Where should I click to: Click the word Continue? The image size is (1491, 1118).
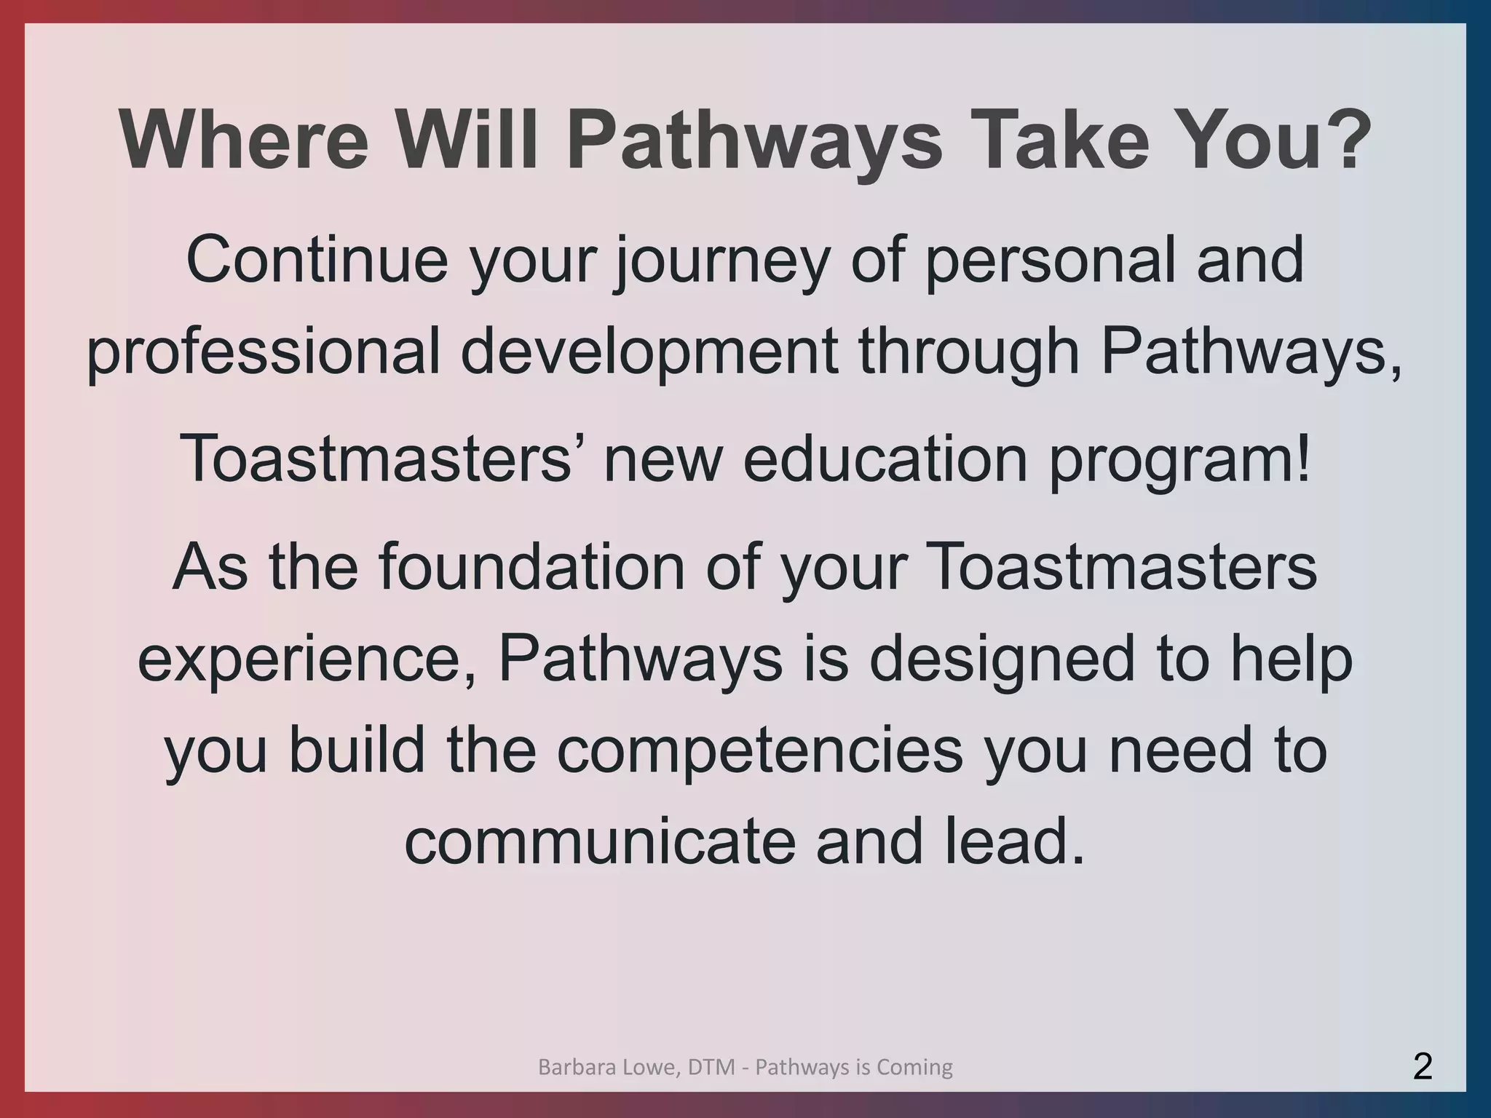(x=317, y=260)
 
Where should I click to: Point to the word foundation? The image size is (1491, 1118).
(x=531, y=567)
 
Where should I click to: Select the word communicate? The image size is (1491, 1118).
(x=600, y=841)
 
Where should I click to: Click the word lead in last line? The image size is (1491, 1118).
(x=1014, y=841)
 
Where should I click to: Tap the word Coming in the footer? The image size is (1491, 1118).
(x=914, y=1068)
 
